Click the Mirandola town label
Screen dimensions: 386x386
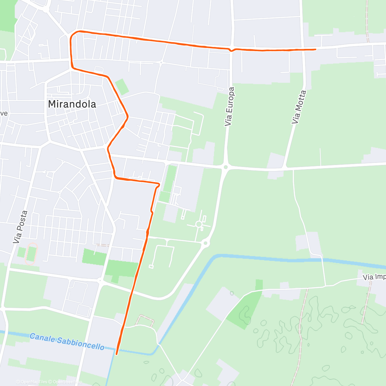tap(72, 104)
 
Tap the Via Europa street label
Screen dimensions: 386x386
tap(230, 106)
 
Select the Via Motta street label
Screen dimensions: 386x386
tap(299, 107)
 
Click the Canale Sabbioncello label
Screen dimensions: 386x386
tap(67, 342)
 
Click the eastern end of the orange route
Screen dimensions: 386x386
tap(316, 49)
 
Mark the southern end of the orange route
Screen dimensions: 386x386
tap(116, 354)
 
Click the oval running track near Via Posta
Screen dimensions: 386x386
tap(31, 254)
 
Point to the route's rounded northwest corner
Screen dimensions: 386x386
tap(74, 33)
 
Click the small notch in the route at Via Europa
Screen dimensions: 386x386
tap(231, 50)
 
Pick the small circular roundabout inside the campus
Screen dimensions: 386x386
tap(199, 224)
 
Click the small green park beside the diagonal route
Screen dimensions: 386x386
tap(122, 87)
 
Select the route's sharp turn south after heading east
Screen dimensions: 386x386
tap(158, 184)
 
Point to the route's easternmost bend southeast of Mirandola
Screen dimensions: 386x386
tap(128, 117)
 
